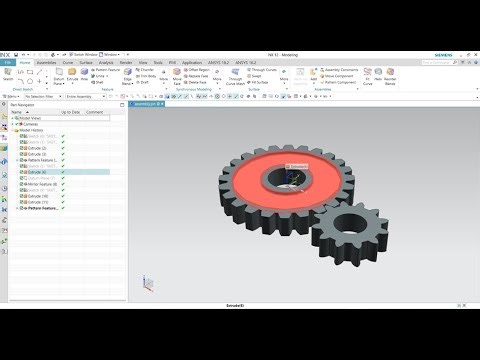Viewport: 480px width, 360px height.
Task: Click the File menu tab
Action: (7, 62)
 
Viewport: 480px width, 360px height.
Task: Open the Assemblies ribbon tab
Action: (46, 62)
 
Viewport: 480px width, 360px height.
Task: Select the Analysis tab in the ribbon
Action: (106, 62)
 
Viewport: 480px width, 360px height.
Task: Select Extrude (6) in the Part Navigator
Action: (35, 171)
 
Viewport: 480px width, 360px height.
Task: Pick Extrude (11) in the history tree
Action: (35, 202)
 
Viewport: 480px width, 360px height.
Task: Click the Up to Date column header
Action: (70, 112)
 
